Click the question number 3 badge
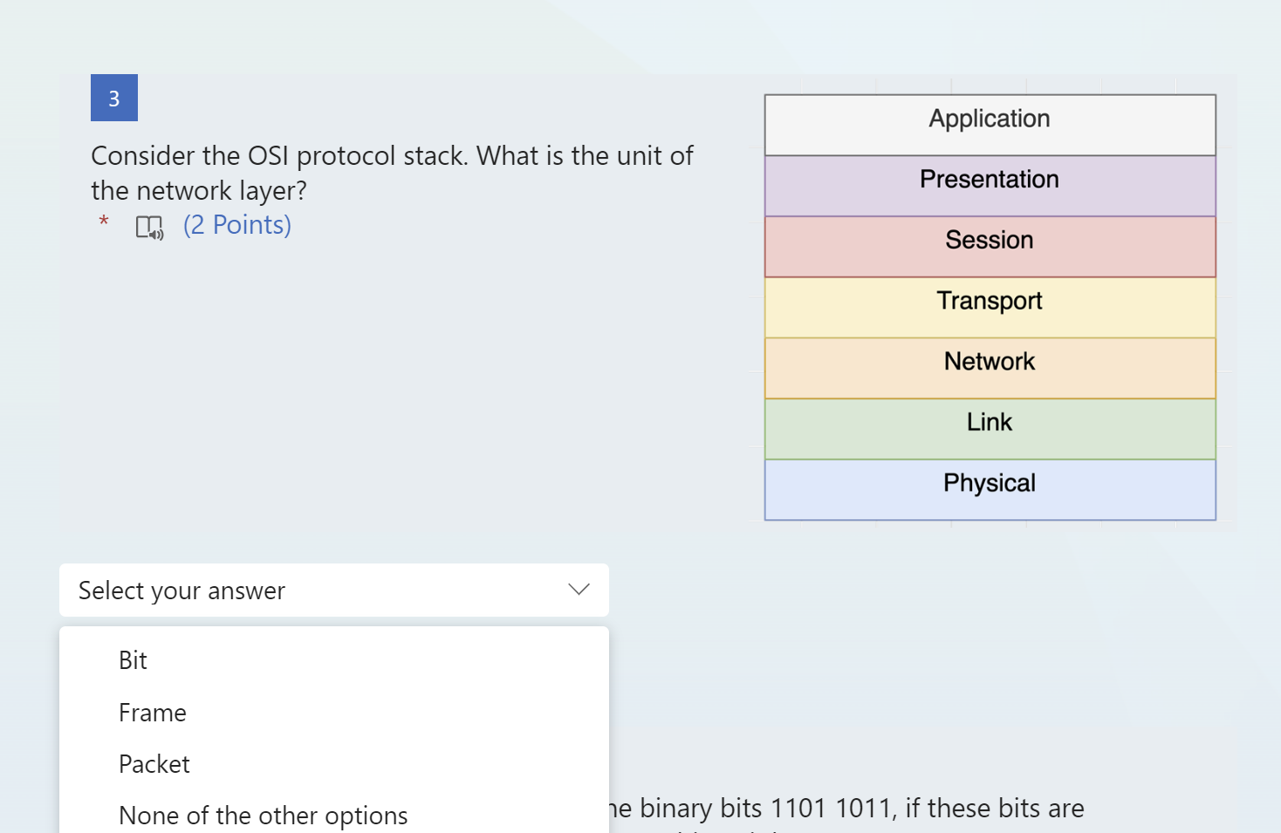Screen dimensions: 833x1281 114,98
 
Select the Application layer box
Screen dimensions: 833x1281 990,125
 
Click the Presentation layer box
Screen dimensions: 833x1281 990,186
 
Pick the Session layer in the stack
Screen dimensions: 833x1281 990,246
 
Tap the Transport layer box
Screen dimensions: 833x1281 990,307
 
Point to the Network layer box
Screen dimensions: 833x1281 990,367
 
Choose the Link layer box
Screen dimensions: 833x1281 990,428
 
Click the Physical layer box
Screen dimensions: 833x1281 990,489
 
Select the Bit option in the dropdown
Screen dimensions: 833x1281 133,660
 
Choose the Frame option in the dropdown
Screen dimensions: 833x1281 153,713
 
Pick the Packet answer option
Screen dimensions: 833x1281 154,764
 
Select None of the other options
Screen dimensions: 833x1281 263,816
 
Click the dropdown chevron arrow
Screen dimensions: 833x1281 579,590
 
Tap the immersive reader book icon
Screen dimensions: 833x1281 149,228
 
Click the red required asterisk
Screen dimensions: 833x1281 104,222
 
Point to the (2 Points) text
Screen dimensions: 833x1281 237,225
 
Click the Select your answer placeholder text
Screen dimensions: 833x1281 182,591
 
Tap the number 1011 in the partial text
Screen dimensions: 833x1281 863,809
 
